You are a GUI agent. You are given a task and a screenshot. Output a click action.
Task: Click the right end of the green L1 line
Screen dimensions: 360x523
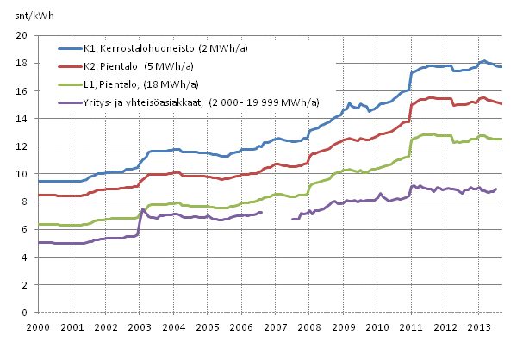click(502, 139)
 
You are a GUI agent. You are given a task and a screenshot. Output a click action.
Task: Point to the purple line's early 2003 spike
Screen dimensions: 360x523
click(142, 209)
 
